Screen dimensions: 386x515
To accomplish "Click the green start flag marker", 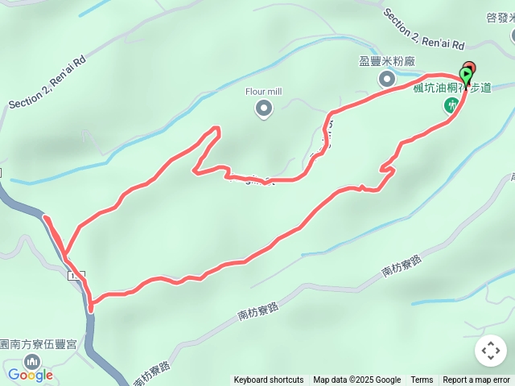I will (x=466, y=76).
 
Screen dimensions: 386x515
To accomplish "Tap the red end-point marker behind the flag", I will (x=470, y=68).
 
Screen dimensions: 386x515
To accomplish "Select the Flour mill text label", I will (x=263, y=91).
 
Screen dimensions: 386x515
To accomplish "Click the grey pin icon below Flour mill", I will (x=263, y=108).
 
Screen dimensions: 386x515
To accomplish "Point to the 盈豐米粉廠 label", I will (x=385, y=60).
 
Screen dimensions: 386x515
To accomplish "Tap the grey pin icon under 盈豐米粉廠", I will (x=386, y=78).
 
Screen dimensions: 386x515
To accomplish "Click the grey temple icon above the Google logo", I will (x=32, y=357).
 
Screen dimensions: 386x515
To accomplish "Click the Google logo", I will (x=30, y=375).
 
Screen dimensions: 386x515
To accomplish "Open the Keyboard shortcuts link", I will (x=269, y=380).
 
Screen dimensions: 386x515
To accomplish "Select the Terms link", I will (x=422, y=380).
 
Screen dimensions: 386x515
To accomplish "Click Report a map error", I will (x=476, y=380).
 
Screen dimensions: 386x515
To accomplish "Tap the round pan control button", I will (x=491, y=351).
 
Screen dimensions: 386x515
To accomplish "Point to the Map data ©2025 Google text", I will (x=356, y=380).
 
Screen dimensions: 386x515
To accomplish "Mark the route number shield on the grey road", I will (x=77, y=276).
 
